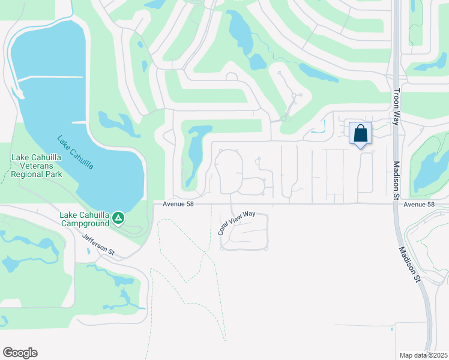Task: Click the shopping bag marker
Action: pyautogui.click(x=360, y=134)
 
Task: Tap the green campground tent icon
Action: pyautogui.click(x=119, y=217)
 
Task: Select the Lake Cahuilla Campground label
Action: pyautogui.click(x=84, y=219)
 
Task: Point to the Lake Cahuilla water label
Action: pyautogui.click(x=75, y=152)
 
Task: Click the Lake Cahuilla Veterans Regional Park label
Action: pyautogui.click(x=37, y=166)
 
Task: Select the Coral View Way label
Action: pyautogui.click(x=237, y=222)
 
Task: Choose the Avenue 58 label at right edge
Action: pyautogui.click(x=418, y=205)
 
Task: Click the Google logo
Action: pyautogui.click(x=20, y=353)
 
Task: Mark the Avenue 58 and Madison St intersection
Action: pyautogui.click(x=397, y=204)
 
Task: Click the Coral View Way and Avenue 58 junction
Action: pyautogui.click(x=232, y=204)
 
